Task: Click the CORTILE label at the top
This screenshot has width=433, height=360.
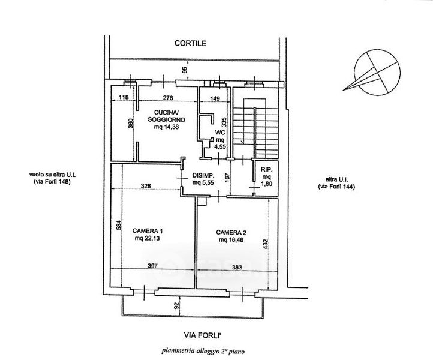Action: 190,43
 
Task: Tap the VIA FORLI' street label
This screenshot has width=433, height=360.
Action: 203,335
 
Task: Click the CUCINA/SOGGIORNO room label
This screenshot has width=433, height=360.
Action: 166,116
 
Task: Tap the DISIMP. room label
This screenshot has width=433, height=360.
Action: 203,175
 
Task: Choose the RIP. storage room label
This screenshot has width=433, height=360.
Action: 266,170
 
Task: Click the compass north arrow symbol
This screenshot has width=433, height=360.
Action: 377,73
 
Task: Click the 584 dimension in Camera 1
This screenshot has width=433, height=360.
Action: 118,225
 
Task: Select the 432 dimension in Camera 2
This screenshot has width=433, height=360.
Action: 265,244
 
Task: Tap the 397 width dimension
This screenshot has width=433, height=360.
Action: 152,266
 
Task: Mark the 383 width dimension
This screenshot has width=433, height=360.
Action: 237,267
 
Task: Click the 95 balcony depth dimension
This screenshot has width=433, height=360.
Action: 185,70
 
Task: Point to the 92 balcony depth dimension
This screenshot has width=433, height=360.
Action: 177,305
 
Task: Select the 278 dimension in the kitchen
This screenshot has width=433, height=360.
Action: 168,98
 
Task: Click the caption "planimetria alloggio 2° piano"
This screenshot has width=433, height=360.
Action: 203,352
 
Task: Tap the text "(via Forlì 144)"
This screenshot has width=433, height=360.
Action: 336,187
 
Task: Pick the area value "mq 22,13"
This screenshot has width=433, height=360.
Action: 148,238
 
